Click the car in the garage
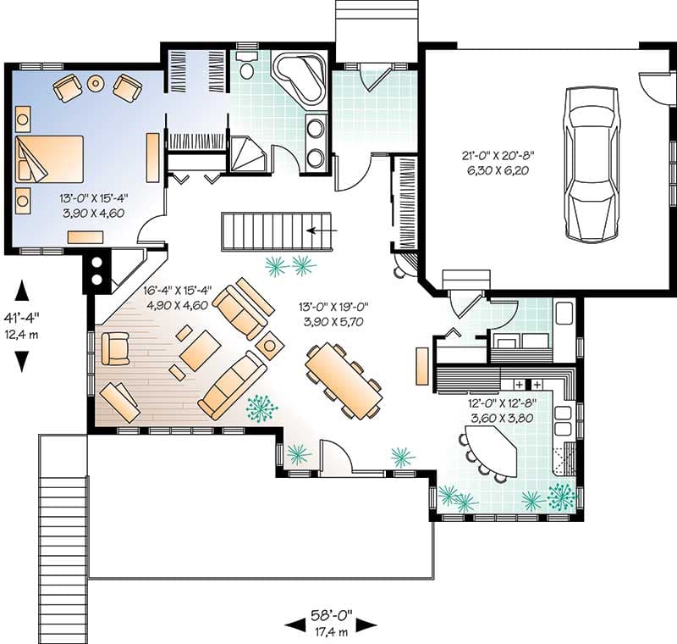point(590,164)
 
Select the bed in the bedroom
point(49,159)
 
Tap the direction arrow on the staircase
point(322,230)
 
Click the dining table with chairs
point(344,380)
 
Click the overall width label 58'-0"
point(332,614)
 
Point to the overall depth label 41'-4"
point(22,317)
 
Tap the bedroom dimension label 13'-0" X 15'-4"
point(94,198)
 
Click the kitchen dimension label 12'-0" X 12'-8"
point(503,403)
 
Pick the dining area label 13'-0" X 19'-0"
point(333,307)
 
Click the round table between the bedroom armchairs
point(96,82)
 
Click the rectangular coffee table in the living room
point(201,351)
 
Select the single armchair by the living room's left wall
point(115,348)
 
